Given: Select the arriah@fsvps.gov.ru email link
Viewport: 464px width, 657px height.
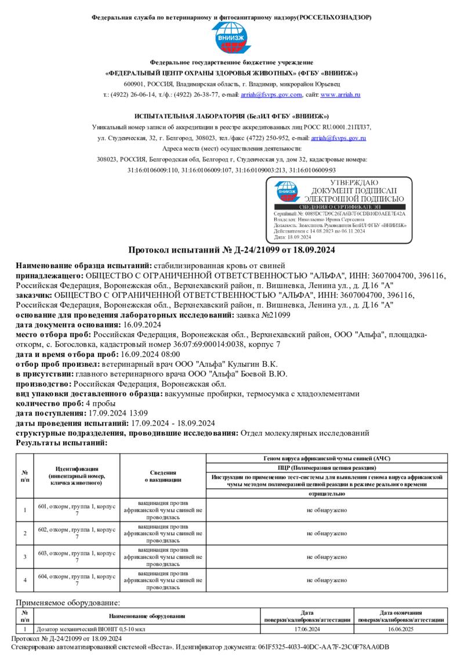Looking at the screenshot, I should (x=338, y=138).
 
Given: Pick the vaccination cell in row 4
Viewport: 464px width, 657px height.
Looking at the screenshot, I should (x=163, y=580).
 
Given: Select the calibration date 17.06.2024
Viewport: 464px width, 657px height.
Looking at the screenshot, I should (x=307, y=629).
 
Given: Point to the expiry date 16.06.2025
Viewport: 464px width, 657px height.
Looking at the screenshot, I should (x=401, y=629).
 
